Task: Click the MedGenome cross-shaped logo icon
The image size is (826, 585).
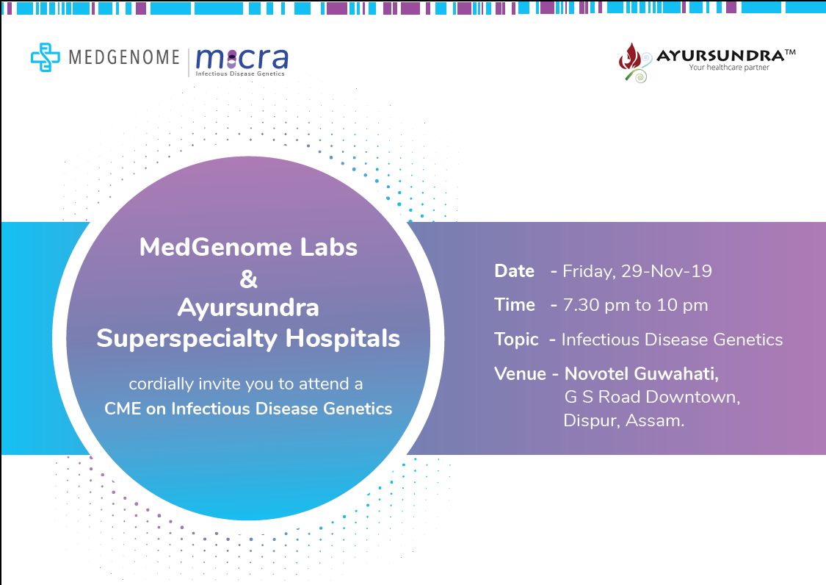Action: [46, 57]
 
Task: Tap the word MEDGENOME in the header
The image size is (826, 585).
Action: [124, 57]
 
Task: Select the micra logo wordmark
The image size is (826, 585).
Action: [242, 59]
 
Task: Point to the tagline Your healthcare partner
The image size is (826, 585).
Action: [729, 68]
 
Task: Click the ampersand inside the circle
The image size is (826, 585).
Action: [248, 279]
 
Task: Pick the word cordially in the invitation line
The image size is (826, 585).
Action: [162, 384]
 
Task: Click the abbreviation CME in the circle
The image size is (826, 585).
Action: [123, 409]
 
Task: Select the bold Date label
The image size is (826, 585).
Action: [514, 270]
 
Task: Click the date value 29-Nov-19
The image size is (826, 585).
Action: [667, 271]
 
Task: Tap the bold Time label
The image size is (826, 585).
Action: [515, 305]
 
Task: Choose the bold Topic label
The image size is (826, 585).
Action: [516, 340]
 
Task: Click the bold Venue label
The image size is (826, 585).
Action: [520, 373]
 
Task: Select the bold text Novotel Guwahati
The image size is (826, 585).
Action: [642, 374]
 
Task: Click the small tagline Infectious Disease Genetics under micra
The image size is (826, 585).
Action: [240, 73]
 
